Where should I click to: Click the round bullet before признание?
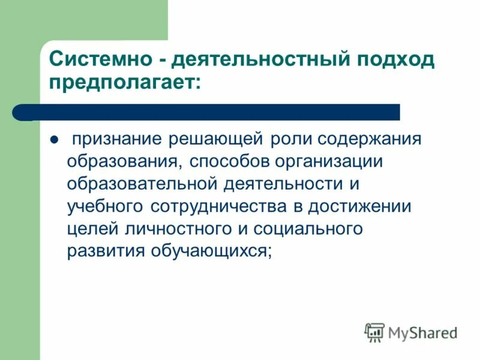[52, 140]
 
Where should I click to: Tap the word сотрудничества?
[223, 206]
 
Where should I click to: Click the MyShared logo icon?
[374, 332]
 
